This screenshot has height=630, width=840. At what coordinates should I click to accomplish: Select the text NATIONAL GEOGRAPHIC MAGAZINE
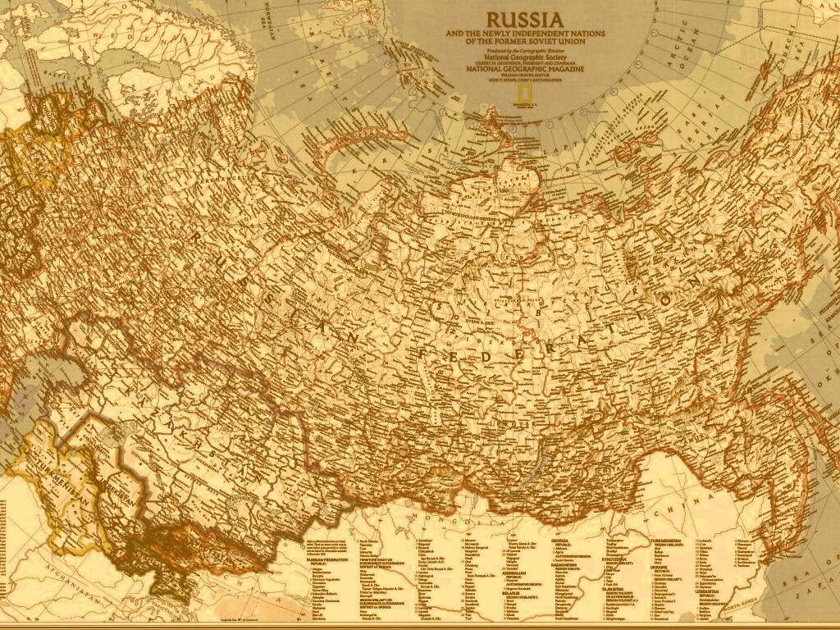525,69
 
